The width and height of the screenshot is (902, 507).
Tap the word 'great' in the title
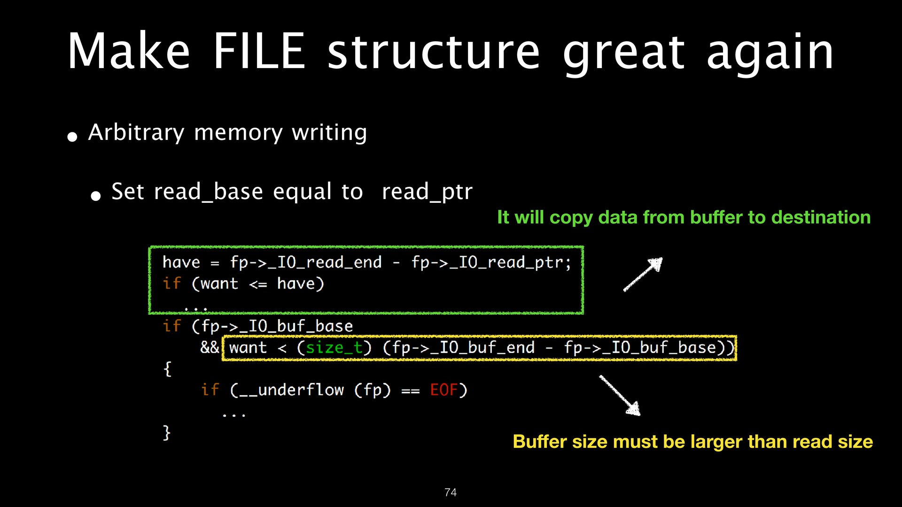click(x=623, y=53)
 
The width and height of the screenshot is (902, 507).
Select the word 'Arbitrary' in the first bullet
click(x=136, y=133)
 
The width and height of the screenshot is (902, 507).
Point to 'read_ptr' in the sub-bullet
click(x=427, y=192)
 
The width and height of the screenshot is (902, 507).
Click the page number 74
click(x=450, y=492)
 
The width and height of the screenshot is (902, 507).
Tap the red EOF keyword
click(x=443, y=390)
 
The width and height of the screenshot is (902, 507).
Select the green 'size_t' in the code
click(x=334, y=348)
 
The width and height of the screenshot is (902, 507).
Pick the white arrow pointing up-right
click(x=643, y=275)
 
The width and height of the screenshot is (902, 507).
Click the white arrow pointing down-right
click(x=620, y=395)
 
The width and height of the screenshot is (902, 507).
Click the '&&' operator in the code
click(x=210, y=348)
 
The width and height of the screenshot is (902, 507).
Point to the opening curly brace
click(x=167, y=369)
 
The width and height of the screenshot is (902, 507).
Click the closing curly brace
click(x=166, y=432)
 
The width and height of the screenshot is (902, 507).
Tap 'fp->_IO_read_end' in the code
click(x=306, y=262)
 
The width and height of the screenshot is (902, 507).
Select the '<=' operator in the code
click(x=258, y=284)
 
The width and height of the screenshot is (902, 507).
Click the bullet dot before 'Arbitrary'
click(x=72, y=137)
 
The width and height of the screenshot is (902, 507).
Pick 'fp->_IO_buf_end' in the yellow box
click(x=459, y=348)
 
